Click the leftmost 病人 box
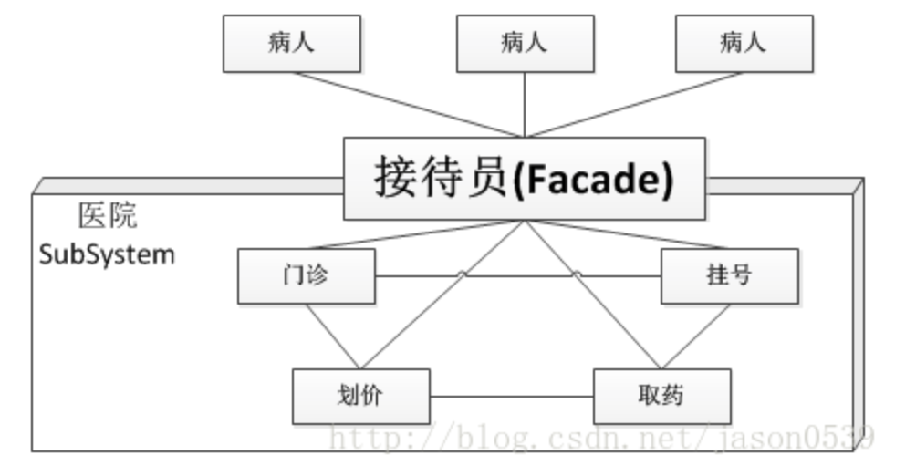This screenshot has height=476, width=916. [292, 43]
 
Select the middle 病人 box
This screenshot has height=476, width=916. [524, 43]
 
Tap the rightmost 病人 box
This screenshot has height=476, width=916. [744, 43]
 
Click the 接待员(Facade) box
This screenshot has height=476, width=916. [524, 179]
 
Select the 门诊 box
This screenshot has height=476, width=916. [307, 276]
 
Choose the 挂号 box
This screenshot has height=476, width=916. [730, 276]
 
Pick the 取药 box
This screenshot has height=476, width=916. [662, 396]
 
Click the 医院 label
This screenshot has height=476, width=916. [109, 215]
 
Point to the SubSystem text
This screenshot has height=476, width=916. [107, 254]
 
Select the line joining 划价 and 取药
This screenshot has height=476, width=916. [512, 397]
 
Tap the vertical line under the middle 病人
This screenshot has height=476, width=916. [525, 105]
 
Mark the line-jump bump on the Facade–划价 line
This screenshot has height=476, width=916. [462, 274]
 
